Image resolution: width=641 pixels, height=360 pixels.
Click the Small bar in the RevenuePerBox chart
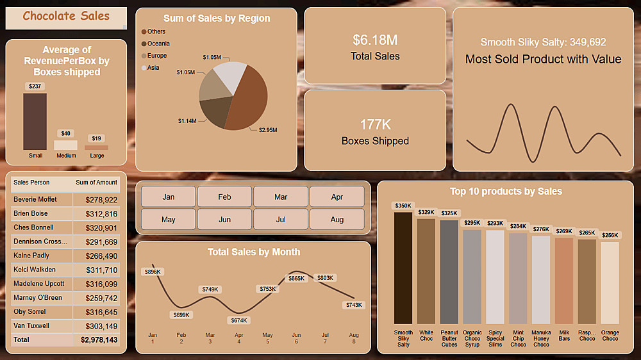(x=35, y=122)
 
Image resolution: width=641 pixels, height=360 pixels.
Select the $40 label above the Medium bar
(x=65, y=133)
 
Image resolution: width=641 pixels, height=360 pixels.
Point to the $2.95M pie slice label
(x=267, y=129)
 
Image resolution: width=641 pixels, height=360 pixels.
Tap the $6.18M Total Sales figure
(x=375, y=40)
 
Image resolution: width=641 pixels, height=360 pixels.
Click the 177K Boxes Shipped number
(x=375, y=124)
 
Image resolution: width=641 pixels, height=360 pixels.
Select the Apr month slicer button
(x=337, y=197)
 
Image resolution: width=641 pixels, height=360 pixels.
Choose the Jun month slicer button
(x=224, y=219)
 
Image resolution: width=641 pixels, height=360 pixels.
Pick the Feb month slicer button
(x=224, y=197)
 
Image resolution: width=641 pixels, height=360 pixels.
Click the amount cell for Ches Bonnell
(x=101, y=227)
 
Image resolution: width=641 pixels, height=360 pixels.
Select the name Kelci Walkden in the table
(x=35, y=270)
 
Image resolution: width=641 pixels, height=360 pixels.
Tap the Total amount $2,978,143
(x=99, y=340)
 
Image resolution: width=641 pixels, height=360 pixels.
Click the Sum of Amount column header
(x=96, y=183)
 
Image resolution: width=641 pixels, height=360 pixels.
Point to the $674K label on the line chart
(x=238, y=320)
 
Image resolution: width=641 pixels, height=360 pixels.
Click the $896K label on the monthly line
(x=153, y=272)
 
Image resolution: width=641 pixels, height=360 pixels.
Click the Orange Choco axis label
(x=610, y=335)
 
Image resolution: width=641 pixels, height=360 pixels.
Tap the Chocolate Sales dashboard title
(x=66, y=17)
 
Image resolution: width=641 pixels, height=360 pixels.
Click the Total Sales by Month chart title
(x=253, y=252)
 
